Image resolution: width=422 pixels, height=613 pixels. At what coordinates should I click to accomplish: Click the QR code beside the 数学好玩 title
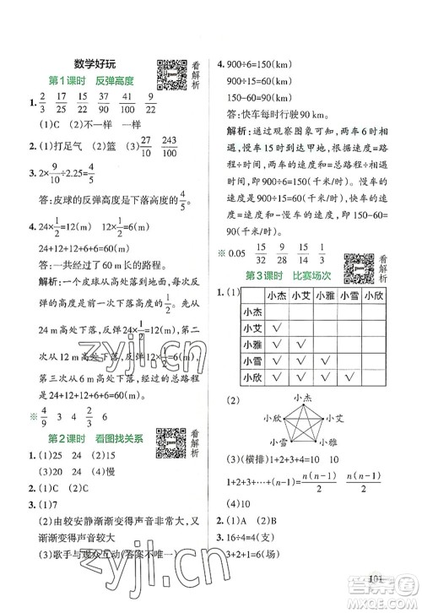[172, 74]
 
